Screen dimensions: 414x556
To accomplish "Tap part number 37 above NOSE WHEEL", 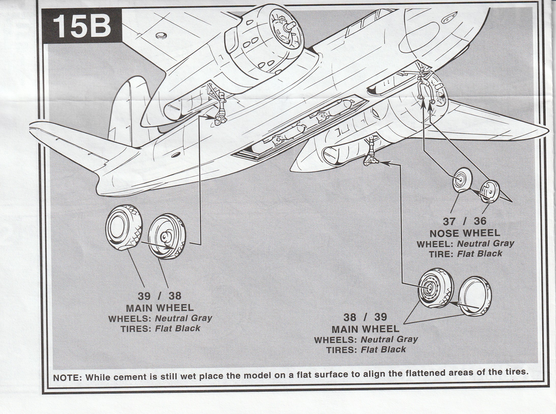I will (x=449, y=221).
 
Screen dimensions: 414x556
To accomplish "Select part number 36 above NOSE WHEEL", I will (x=480, y=221).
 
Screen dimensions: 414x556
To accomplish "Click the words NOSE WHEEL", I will (x=465, y=233).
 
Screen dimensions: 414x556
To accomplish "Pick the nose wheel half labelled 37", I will (x=462, y=180).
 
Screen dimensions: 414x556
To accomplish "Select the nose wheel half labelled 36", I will (x=490, y=191).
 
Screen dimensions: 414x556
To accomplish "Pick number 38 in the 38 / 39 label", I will (x=351, y=317).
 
